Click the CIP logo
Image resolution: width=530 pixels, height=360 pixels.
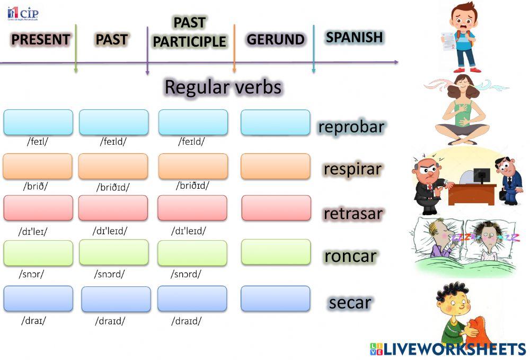point(23,14)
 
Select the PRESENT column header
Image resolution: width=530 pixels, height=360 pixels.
point(41,39)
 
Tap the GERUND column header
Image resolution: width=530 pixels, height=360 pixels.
point(276,39)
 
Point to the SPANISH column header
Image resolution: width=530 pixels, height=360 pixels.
point(354,37)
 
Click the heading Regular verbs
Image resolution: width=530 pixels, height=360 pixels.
point(223,87)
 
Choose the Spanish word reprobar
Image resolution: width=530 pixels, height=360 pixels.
point(351,127)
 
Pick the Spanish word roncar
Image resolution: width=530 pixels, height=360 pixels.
point(350,256)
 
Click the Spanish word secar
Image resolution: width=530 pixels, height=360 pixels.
point(350,303)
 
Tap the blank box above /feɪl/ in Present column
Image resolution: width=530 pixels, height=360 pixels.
point(38,122)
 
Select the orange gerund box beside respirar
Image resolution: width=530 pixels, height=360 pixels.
point(276,166)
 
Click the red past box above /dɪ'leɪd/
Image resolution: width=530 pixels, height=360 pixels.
point(113,208)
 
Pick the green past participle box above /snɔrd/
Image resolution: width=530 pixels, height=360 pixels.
point(192,253)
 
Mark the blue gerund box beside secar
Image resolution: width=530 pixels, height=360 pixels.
point(276,298)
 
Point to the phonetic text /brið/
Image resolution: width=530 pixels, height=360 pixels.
point(36,186)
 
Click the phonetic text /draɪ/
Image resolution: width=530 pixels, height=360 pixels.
point(34,320)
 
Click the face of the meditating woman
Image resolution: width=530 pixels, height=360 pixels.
point(463,83)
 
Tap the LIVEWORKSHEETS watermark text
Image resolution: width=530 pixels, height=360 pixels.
point(448,349)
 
